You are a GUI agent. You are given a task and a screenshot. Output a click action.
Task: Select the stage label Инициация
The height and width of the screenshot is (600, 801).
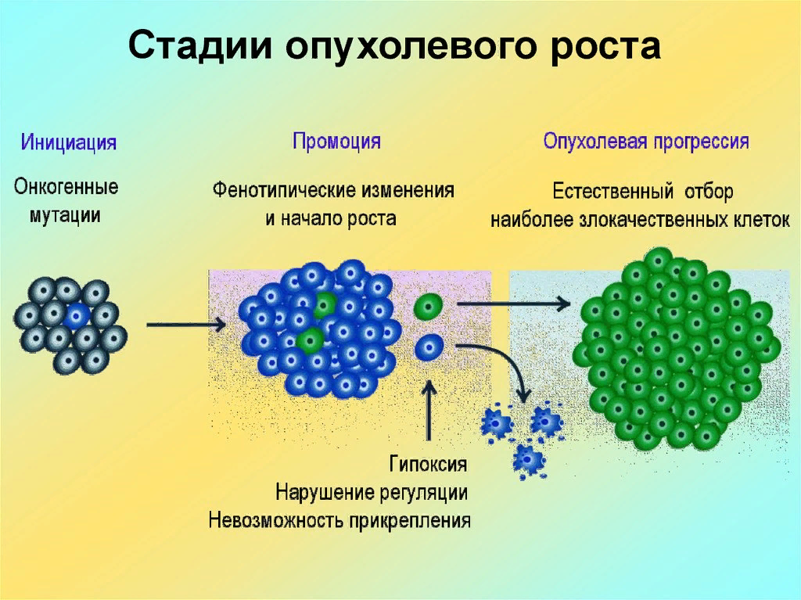tap(69, 143)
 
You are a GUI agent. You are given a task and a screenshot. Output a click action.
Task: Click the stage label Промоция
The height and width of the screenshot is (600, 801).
tap(336, 142)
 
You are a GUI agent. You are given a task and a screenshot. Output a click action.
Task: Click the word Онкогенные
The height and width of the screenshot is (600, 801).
tap(66, 188)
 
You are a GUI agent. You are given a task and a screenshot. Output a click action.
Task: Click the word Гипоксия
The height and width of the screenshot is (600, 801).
tap(429, 464)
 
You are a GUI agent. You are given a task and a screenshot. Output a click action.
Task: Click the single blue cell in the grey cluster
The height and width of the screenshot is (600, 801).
tap(76, 316)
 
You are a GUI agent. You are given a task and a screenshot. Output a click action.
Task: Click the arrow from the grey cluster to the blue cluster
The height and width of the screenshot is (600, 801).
tap(185, 324)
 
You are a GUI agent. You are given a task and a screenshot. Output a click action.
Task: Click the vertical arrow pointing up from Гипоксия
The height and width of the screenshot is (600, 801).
tap(429, 411)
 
